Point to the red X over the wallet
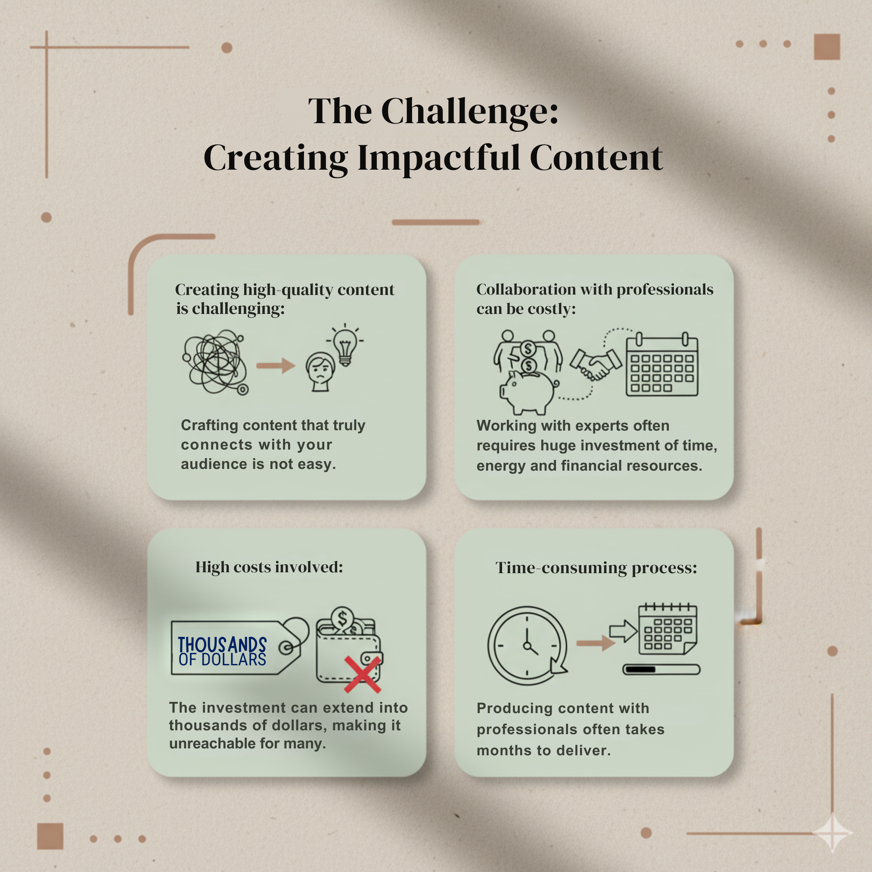363,674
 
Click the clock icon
527,646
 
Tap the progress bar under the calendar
661,669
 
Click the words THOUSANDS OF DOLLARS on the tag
222,651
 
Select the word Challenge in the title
470,111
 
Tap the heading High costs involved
269,567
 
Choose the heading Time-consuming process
596,568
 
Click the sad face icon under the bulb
320,372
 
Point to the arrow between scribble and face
275,365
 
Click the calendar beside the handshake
662,365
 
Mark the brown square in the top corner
827,47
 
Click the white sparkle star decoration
833,833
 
